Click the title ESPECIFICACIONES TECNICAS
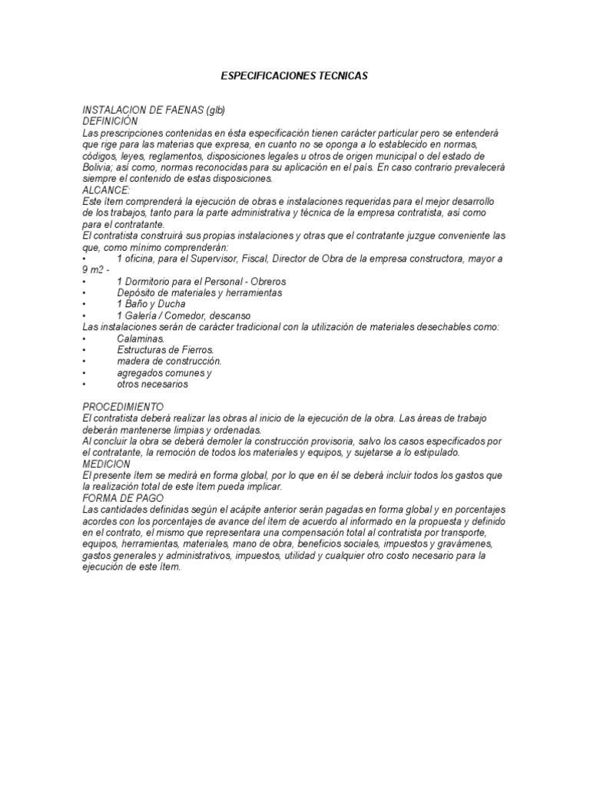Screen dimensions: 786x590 [x=294, y=76]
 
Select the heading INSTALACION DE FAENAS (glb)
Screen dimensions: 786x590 [x=153, y=110]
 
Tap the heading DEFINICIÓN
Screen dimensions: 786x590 [x=110, y=121]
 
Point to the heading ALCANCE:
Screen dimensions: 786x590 [x=106, y=190]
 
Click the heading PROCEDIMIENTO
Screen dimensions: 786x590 [x=122, y=406]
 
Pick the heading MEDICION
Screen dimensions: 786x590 [x=106, y=464]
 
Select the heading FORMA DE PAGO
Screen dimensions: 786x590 [x=119, y=498]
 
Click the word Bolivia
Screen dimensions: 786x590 [x=98, y=167]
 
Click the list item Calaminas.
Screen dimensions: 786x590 [x=141, y=339]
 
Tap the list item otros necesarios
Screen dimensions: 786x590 [x=152, y=384]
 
